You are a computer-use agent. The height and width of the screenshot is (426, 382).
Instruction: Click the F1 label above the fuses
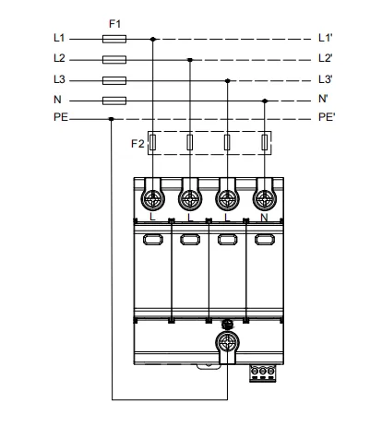coord(114,24)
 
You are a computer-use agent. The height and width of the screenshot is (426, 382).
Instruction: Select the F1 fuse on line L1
coord(114,39)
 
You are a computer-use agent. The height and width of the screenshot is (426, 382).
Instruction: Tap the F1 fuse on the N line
coord(114,101)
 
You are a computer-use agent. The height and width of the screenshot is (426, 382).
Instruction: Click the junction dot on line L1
coord(153,39)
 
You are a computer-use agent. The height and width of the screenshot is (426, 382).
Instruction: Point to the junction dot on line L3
coord(228,81)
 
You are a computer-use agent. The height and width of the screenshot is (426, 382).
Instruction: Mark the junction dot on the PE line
coord(112,119)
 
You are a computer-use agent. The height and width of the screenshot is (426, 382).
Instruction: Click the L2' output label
coord(325,58)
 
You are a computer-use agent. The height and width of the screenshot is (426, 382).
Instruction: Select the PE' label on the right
coord(327,117)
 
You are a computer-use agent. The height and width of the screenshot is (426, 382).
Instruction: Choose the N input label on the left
coord(57,100)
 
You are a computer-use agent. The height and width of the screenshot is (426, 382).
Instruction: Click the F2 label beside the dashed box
coord(137,144)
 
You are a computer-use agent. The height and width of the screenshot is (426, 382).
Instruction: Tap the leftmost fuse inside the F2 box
coord(152,142)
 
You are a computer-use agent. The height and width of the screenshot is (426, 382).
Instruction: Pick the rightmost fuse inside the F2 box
coord(265,142)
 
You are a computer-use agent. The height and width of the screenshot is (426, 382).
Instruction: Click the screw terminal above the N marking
coord(265,199)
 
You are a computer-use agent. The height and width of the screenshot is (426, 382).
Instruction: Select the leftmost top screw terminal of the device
coord(153,199)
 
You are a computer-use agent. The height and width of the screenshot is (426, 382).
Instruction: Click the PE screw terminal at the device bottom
coord(227,342)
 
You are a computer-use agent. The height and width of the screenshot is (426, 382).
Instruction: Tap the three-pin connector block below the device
coord(263,373)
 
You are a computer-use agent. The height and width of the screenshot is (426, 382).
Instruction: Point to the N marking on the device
coord(264,218)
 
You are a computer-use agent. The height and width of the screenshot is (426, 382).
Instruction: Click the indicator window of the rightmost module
coord(265,240)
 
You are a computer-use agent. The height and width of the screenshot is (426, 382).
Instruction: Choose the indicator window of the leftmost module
coord(153,240)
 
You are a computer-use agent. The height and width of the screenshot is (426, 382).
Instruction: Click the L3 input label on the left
coord(59,79)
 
